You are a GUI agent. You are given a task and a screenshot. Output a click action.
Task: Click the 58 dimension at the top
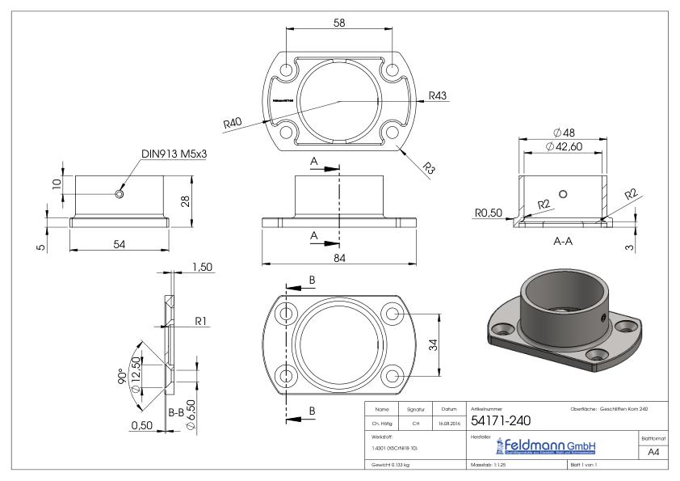340,23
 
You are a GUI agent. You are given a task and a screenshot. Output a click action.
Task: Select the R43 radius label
438,95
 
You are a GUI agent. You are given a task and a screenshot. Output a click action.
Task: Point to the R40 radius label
233,124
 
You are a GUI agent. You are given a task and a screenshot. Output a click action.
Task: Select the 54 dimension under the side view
120,244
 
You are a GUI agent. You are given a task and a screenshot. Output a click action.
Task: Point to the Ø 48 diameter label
565,132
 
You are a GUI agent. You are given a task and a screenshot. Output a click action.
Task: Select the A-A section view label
565,241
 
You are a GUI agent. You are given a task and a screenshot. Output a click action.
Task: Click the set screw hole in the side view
120,194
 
